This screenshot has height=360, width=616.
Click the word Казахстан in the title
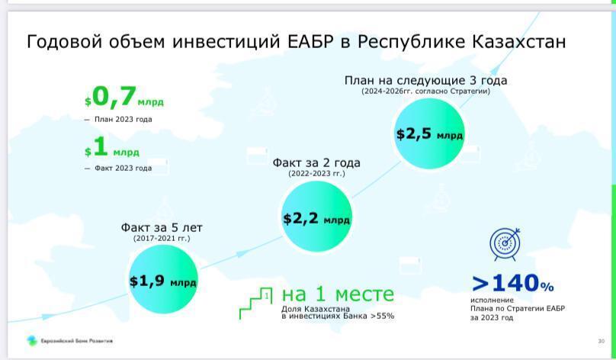point(518,41)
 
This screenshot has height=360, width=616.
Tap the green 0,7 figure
point(114,97)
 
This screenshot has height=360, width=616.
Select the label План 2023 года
point(123,119)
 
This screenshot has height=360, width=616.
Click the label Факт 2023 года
point(123,169)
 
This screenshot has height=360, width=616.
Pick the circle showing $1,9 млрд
point(163,279)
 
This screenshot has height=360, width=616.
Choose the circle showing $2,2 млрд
point(316,217)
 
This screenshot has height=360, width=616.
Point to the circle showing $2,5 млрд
point(429,133)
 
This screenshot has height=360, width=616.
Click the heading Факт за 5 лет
point(162,227)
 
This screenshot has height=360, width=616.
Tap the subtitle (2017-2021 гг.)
point(162,239)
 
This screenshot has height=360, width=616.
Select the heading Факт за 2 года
point(316,162)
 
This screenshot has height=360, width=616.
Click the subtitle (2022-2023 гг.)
point(316,173)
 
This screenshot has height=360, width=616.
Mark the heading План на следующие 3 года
point(426,81)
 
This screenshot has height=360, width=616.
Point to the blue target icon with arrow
point(505,244)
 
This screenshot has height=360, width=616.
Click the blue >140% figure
point(512,283)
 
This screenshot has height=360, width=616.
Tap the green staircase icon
point(255,303)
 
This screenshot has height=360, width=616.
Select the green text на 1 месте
point(338,294)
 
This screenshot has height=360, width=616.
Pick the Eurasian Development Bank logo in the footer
point(32,341)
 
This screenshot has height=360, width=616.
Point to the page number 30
point(601,341)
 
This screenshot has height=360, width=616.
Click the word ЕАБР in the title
point(310,42)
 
